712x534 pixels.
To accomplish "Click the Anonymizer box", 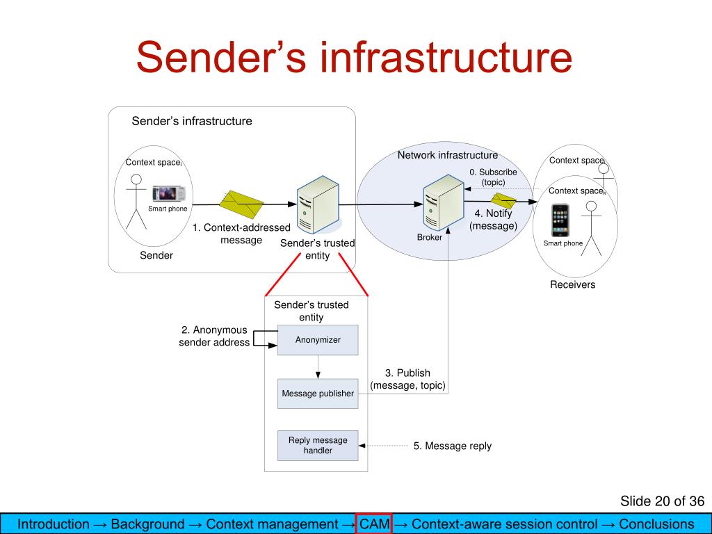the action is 318,339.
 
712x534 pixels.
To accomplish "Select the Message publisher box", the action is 318,394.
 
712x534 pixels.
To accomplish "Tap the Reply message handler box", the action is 318,446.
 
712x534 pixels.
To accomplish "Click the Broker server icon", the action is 443,203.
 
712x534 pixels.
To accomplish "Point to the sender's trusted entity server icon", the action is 318,205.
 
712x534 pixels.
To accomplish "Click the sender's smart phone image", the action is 169,194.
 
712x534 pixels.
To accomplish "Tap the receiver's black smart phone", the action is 560,220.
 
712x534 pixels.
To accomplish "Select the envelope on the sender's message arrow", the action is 241,204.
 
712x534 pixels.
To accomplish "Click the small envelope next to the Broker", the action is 504,201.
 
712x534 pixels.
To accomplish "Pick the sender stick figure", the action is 136,202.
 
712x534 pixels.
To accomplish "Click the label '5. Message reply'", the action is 452,446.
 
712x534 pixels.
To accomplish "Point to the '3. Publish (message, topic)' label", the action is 407,379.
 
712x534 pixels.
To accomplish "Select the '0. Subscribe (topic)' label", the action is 493,177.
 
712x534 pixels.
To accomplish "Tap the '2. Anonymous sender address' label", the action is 214,336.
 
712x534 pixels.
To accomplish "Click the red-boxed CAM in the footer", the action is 374,524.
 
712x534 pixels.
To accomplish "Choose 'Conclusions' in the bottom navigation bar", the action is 656,524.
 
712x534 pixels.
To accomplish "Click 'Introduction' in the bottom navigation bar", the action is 53,524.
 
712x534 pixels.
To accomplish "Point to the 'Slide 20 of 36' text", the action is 662,501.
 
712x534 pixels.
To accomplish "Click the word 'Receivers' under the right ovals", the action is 572,284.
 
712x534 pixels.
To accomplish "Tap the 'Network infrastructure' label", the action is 448,155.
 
